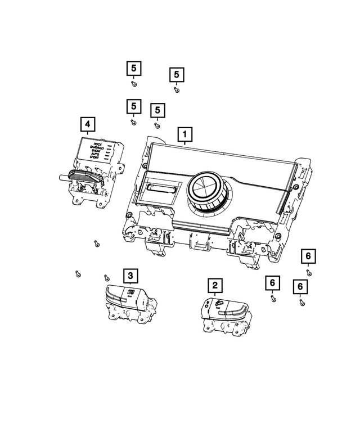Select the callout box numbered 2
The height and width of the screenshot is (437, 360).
coord(214,285)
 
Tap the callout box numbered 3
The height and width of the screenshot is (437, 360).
coord(130,275)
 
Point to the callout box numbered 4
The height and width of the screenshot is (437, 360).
coord(87,124)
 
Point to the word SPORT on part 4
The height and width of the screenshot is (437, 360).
coord(96,158)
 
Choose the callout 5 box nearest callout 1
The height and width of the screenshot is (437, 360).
coord(157,110)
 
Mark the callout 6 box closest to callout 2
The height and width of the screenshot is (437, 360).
coord(272,282)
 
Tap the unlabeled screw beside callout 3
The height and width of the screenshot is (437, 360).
coord(106,277)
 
